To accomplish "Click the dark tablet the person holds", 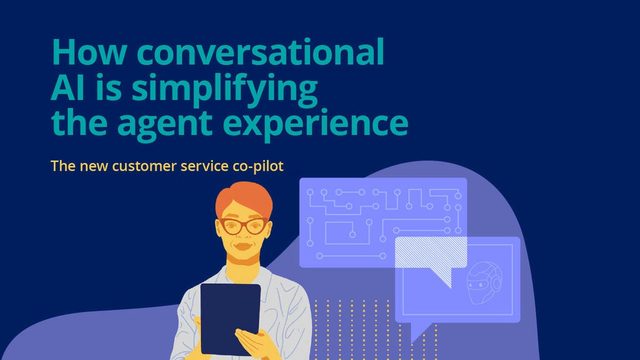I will tap(230, 319).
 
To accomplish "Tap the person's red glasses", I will tap(243, 225).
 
